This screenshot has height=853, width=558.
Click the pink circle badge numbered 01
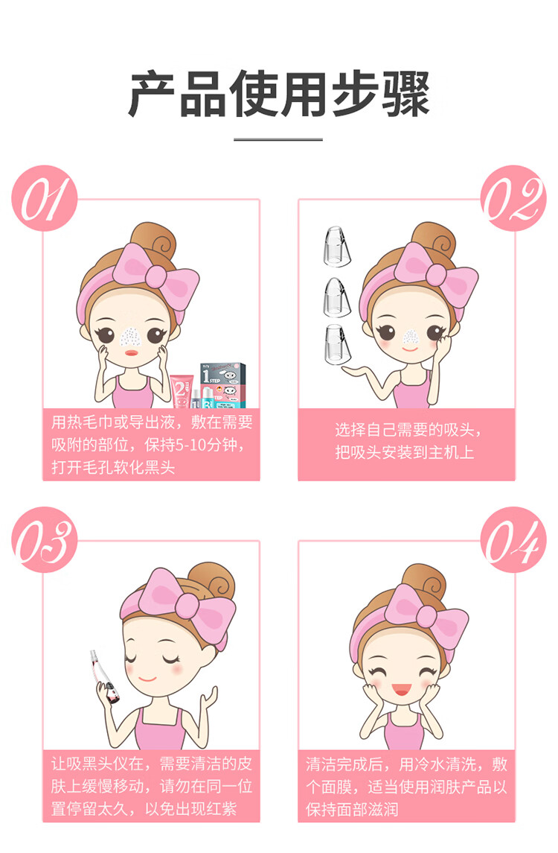45,198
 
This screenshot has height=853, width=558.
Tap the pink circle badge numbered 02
513,198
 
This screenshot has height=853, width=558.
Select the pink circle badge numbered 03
45,539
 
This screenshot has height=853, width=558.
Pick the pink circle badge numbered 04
513,539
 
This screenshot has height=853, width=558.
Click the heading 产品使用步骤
279,94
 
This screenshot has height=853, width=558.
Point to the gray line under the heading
278,139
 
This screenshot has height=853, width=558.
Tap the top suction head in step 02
337,246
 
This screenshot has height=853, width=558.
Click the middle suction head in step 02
337,297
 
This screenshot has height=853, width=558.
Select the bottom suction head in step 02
337,345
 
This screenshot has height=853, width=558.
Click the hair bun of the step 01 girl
154,238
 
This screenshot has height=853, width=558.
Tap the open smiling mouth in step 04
401,690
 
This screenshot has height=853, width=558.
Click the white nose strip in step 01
130,337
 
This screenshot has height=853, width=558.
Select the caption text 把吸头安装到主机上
404,452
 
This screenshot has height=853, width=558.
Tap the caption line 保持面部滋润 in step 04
352,809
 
